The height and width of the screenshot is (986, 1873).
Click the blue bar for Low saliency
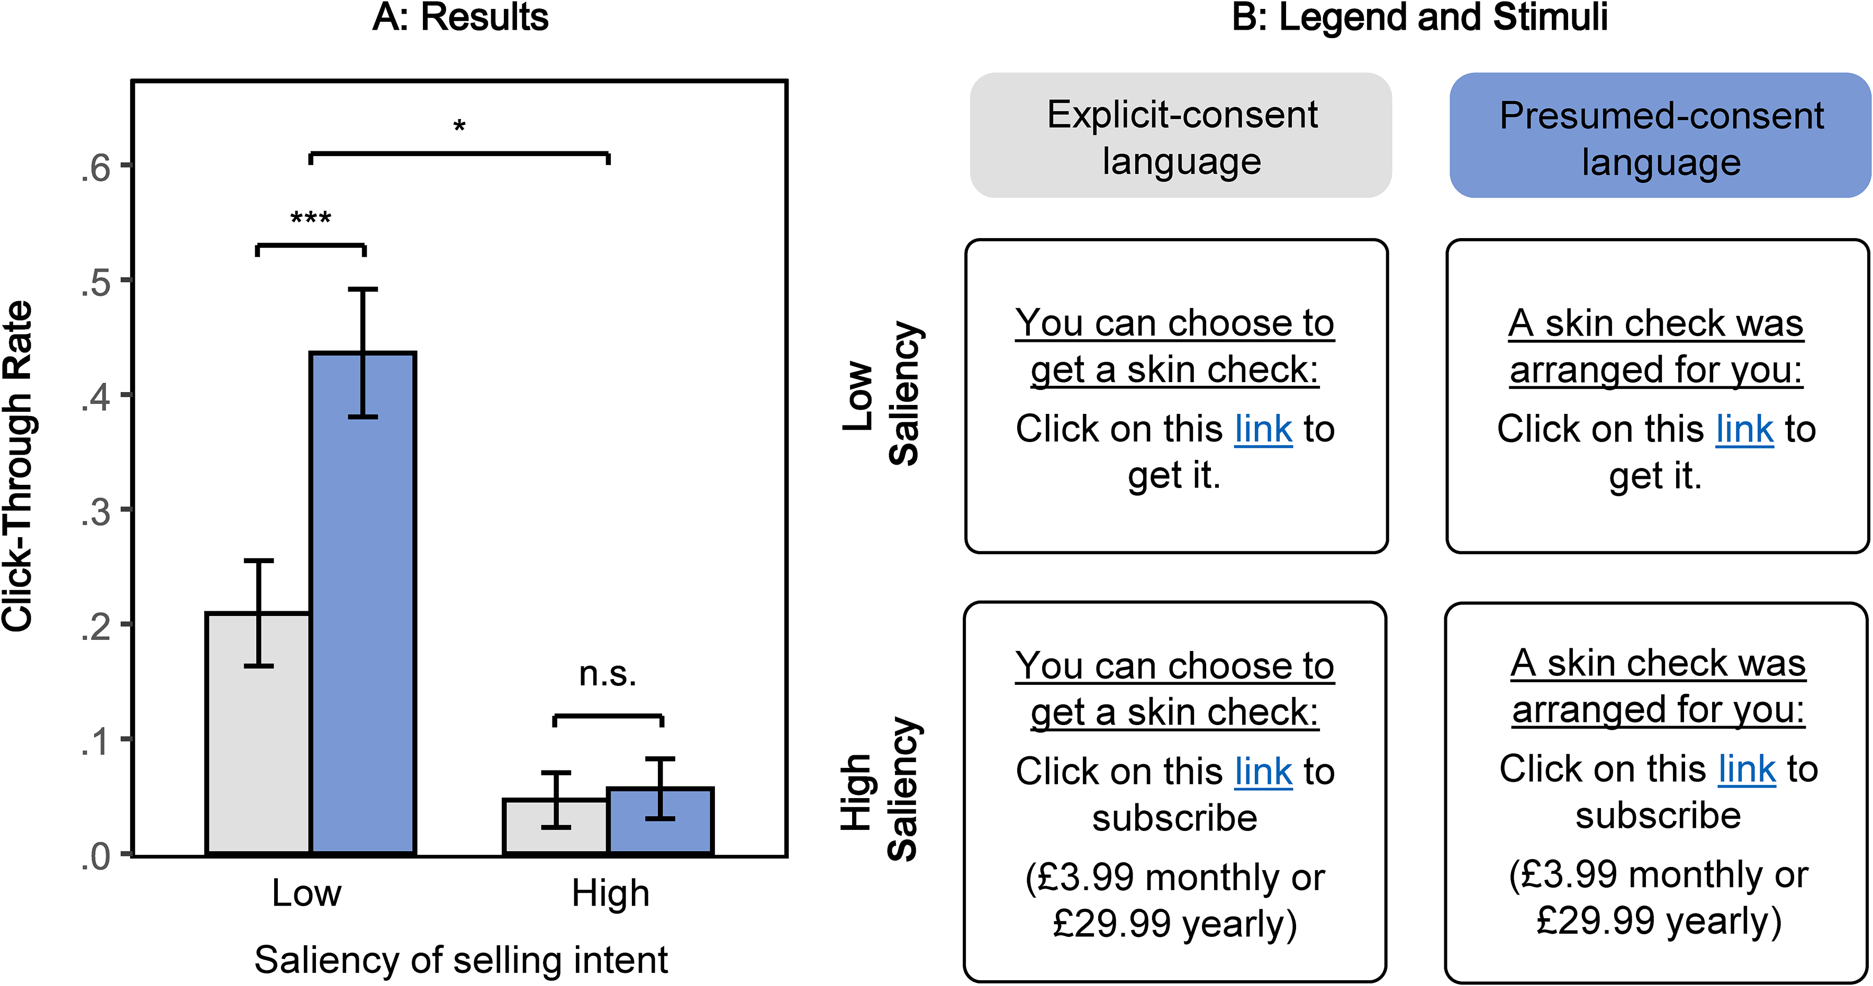coord(363,603)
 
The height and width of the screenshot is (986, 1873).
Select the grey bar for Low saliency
coord(258,734)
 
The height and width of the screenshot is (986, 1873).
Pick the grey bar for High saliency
coord(556,827)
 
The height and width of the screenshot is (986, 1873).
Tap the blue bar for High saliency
coord(660,821)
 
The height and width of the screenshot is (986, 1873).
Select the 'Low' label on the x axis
coord(306,893)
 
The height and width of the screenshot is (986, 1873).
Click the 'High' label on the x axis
coord(610,894)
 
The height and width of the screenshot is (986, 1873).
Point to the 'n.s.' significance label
coord(608,674)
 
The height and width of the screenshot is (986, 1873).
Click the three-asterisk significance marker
coord(311,217)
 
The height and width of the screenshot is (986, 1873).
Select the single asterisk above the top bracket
coord(460,126)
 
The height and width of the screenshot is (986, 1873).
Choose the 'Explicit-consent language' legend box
coord(1181,135)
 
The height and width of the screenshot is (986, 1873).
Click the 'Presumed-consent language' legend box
coord(1660,135)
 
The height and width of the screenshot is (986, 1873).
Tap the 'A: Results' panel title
coord(460,17)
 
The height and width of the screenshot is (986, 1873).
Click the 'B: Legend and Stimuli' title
coord(1419,17)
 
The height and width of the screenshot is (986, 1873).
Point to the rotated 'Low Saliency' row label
coord(882,393)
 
